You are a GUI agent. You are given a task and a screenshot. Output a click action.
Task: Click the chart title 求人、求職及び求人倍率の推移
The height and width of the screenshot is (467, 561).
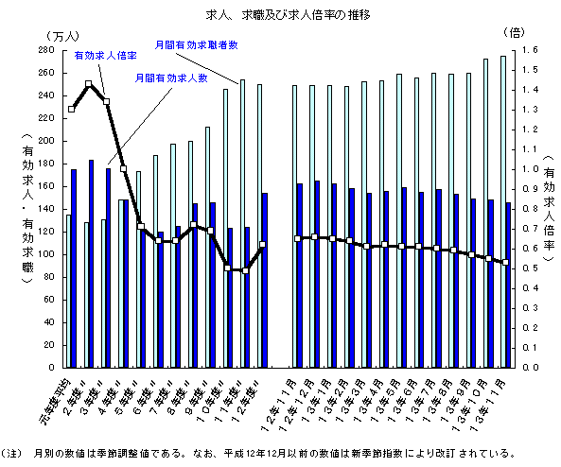tap(280, 15)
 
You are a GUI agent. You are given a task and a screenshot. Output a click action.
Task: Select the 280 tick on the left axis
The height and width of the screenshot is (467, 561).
tap(47, 50)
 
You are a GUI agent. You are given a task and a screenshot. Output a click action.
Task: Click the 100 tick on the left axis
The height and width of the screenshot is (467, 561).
tap(47, 254)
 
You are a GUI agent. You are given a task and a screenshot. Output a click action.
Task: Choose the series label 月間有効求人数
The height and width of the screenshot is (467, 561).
tap(170, 78)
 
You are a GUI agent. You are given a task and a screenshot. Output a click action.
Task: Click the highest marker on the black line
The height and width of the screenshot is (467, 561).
tap(89, 84)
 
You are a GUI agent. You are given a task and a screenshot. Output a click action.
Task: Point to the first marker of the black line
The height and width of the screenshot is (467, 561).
tap(71, 110)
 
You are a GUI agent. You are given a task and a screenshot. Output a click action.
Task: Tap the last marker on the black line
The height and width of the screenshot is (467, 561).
tap(506, 262)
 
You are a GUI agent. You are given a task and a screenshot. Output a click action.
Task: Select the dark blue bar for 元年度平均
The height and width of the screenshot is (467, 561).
tap(74, 268)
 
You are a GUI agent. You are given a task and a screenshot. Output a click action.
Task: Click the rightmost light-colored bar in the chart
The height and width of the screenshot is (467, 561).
tap(502, 211)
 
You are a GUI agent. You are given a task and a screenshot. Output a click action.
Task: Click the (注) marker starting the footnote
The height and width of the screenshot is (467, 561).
tap(13, 452)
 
